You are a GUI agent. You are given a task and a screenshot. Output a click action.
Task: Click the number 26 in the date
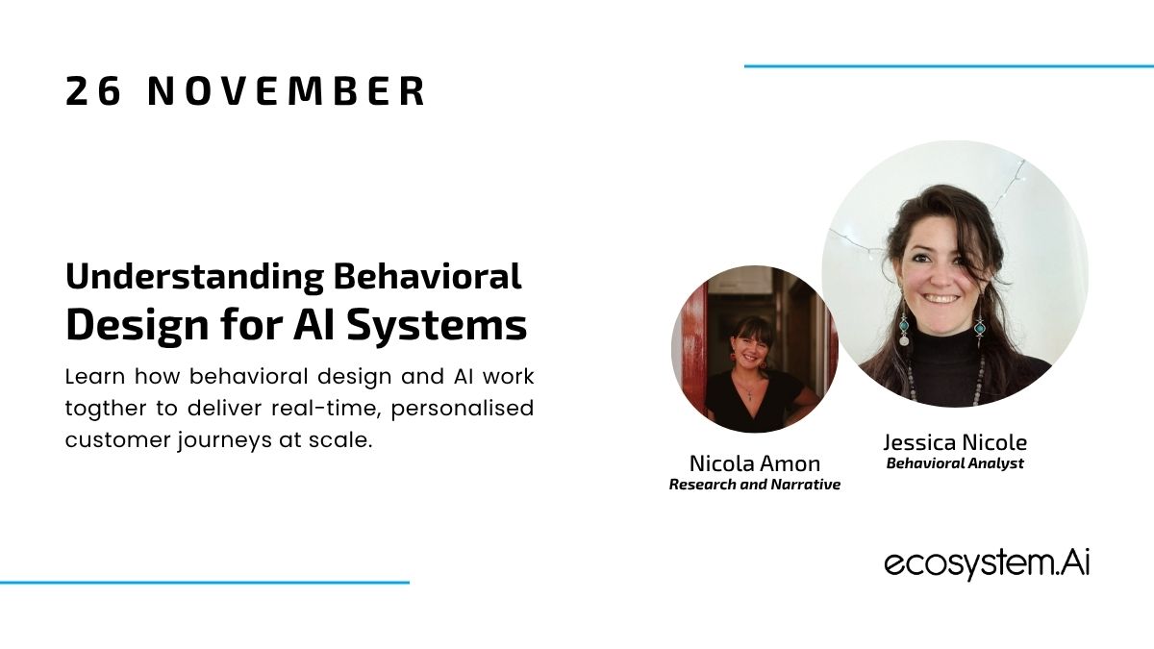(93, 91)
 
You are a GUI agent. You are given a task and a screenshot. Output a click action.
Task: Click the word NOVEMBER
(287, 91)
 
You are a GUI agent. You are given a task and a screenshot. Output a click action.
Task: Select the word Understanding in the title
(194, 277)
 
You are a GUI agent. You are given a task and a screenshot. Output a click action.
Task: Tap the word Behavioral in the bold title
(428, 276)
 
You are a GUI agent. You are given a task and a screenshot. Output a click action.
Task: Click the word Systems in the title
(437, 326)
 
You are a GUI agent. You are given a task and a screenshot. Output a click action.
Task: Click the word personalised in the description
(463, 409)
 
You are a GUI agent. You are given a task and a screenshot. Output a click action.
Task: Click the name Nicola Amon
(755, 463)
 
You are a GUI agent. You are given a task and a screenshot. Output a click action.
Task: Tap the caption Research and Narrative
(755, 485)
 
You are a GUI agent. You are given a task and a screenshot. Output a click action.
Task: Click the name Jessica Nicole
(955, 442)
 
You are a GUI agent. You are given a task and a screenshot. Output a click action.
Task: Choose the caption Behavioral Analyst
(955, 463)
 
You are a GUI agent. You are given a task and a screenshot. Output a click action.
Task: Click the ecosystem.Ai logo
(987, 563)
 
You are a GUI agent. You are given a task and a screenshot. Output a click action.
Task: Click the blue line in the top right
(949, 66)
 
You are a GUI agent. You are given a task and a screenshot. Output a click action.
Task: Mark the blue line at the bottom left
(205, 583)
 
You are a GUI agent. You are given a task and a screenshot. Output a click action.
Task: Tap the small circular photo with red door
(755, 349)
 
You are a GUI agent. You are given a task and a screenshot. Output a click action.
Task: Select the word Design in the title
(138, 326)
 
